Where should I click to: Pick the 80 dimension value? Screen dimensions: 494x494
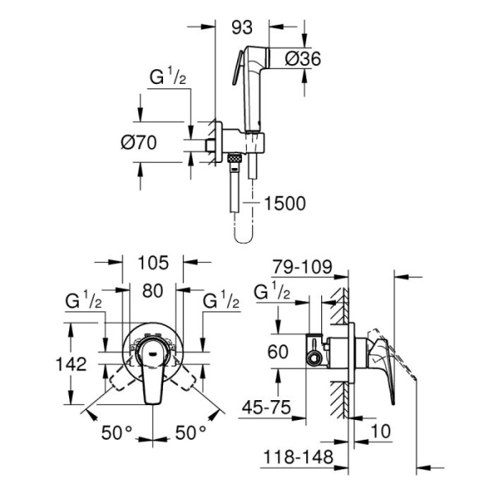pos(151,290)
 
